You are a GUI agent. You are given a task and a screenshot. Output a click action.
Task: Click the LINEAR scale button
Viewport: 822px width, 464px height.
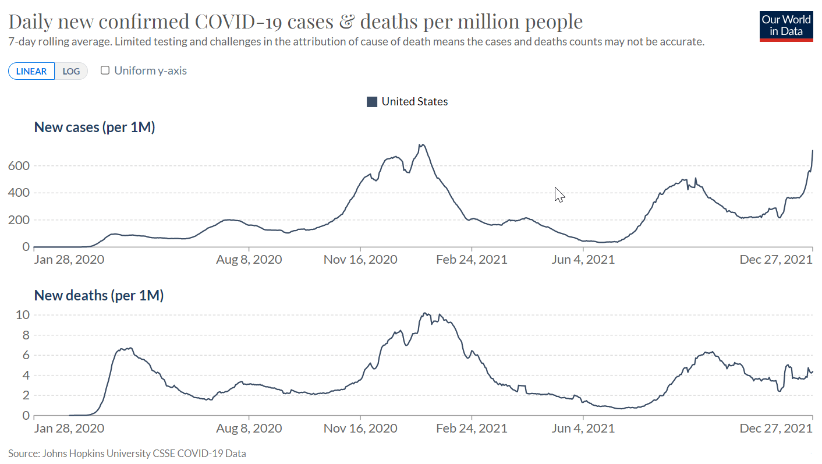coord(31,71)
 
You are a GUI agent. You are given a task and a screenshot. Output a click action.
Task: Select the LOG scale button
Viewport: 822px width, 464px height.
coord(71,71)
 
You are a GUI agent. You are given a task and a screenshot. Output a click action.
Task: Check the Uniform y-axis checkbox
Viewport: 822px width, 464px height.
coord(105,70)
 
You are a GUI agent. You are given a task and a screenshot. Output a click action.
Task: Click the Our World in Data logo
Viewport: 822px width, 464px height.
coord(786,26)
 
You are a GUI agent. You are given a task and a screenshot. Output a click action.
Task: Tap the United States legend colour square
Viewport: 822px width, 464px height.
coord(372,102)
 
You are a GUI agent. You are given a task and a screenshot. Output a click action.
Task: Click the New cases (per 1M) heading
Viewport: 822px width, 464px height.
coord(94,127)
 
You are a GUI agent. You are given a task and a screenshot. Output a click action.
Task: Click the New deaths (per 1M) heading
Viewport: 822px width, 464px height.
coord(98,295)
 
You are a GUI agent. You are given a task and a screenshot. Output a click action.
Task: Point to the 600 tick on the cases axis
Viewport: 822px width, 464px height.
coord(18,166)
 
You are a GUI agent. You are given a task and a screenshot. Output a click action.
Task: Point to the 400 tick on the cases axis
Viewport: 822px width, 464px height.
coord(18,193)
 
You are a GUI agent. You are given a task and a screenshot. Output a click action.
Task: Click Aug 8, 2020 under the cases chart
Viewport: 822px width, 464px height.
coord(249,260)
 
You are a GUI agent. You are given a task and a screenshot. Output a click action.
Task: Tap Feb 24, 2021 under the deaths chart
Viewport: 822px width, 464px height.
coord(472,428)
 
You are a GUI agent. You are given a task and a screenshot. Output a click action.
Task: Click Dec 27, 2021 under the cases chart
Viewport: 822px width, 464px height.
coord(775,260)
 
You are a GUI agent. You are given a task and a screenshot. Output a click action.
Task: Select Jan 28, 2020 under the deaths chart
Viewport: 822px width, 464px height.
coord(69,428)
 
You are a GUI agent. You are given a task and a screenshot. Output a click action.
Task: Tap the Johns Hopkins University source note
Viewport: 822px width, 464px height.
coord(127,453)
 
